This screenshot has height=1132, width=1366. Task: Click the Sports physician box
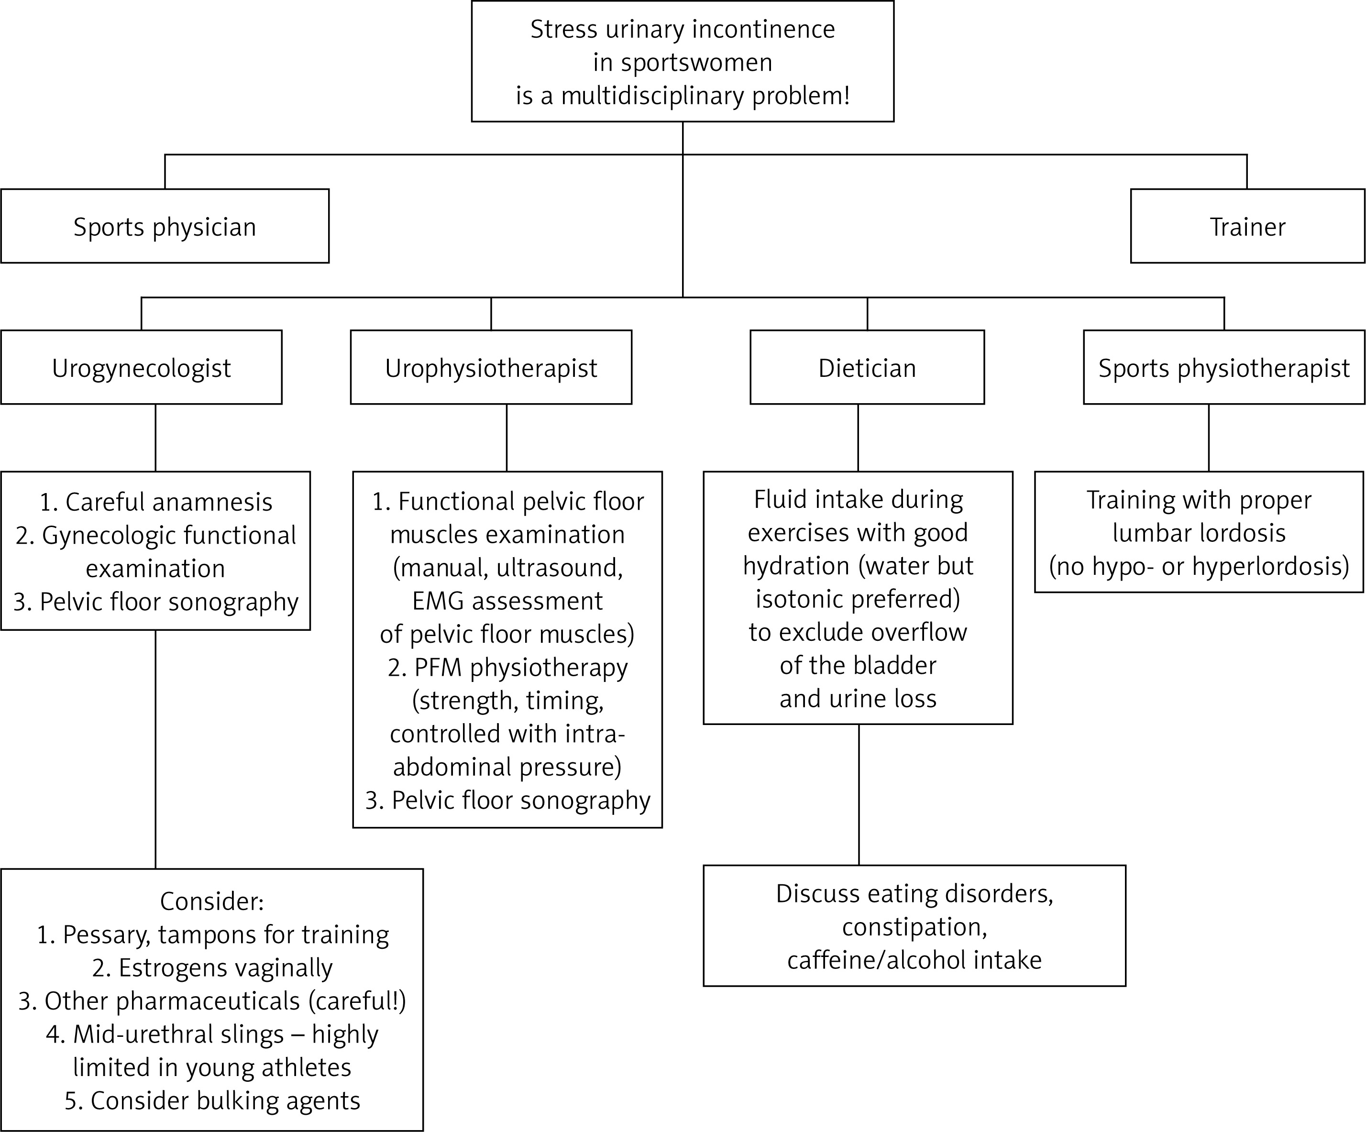pyautogui.click(x=165, y=226)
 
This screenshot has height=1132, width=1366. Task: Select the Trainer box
pyautogui.click(x=1247, y=226)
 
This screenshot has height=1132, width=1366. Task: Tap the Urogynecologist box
pyautogui.click(x=141, y=367)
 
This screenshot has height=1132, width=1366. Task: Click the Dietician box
pyautogui.click(x=867, y=367)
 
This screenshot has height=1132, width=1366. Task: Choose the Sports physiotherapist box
pyautogui.click(x=1223, y=367)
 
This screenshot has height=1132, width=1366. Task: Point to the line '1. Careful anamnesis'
pyautogui.click(x=156, y=502)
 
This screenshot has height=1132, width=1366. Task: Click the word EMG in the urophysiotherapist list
pyautogui.click(x=439, y=601)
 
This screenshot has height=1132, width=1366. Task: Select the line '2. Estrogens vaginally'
pyautogui.click(x=212, y=968)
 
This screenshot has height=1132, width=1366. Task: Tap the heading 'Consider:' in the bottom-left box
pyautogui.click(x=212, y=901)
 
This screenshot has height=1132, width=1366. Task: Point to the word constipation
pyautogui.click(x=914, y=927)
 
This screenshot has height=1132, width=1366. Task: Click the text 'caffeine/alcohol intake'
pyautogui.click(x=914, y=960)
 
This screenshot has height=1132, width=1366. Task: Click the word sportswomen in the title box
pyautogui.click(x=697, y=63)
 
